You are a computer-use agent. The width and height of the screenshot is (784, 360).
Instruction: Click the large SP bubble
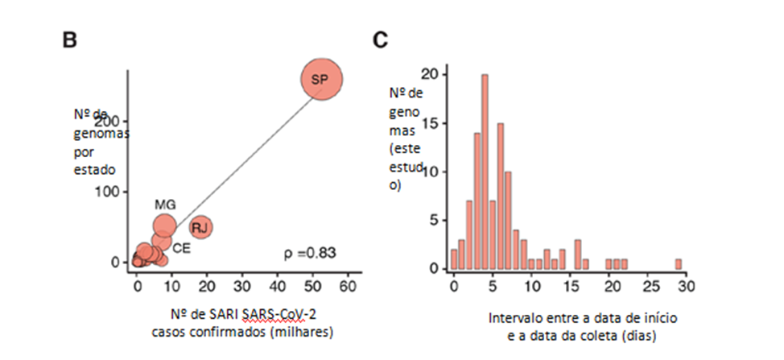click(322, 79)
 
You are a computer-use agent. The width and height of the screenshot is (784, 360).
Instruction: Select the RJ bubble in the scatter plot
click(200, 227)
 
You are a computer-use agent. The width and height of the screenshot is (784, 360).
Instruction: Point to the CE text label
click(182, 249)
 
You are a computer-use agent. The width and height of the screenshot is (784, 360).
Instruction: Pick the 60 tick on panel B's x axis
click(349, 285)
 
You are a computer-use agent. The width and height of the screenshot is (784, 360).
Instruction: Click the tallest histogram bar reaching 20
click(485, 172)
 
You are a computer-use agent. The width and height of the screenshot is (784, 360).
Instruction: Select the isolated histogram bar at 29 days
click(679, 263)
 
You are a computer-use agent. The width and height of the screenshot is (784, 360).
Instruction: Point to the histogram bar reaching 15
click(501, 196)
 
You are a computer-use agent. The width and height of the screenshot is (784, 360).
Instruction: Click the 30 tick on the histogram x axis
click(686, 285)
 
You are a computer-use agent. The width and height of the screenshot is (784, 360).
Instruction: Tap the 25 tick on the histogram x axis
click(648, 285)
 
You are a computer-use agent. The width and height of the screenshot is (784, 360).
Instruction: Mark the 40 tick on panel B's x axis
click(278, 285)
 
